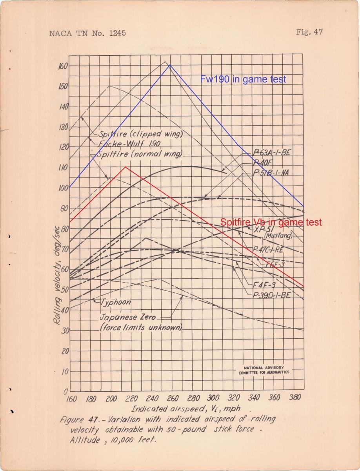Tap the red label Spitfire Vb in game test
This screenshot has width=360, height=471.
click(x=271, y=222)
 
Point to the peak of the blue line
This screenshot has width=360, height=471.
click(x=170, y=65)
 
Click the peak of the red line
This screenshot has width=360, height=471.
click(x=125, y=167)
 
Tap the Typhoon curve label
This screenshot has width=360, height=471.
click(x=116, y=302)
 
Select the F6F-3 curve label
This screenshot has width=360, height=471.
click(x=275, y=264)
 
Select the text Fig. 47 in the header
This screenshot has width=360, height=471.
click(x=309, y=32)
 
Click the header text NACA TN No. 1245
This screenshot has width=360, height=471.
click(x=87, y=33)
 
